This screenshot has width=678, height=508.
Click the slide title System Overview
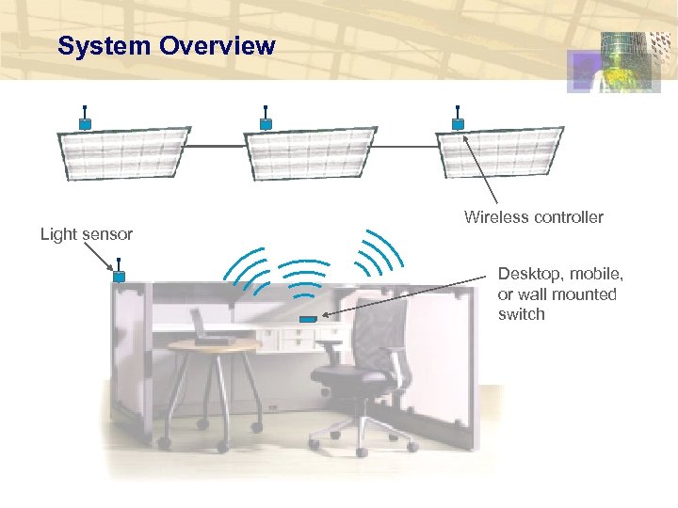coord(166,45)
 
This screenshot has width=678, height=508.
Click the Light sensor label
coord(86,233)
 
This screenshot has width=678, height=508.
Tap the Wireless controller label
coord(533,217)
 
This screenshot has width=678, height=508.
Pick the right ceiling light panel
coord(499,152)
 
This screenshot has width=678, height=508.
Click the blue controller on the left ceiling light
coord(85,123)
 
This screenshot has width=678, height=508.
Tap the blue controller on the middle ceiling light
coord(266,123)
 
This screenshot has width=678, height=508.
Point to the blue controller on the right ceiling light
coord(458,123)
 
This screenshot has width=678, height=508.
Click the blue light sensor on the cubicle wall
coord(120,277)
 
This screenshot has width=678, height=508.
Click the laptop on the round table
coord(209,328)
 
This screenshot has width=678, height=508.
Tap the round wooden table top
coord(213,345)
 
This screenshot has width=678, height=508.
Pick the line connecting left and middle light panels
coord(214,146)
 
